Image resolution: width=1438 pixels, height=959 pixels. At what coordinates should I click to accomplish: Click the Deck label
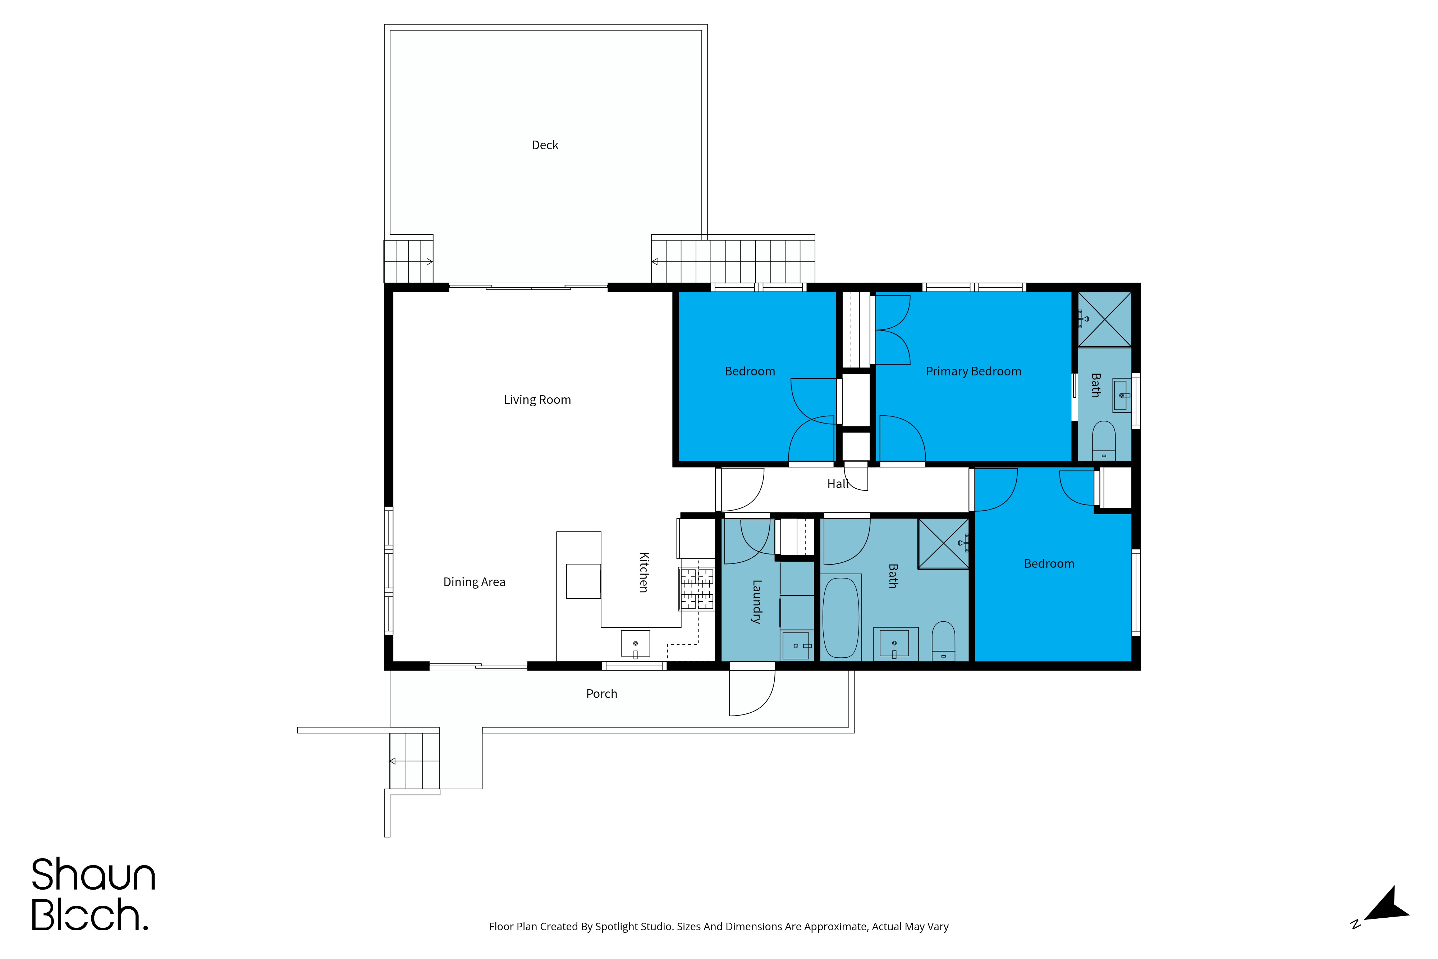click(x=545, y=145)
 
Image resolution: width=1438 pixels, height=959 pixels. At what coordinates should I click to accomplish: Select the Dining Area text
click(x=475, y=582)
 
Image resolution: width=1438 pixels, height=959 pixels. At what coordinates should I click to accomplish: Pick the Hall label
click(x=838, y=484)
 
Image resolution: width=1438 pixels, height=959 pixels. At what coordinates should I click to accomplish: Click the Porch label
click(x=601, y=694)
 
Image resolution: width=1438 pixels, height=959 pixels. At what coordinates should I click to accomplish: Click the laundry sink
click(x=796, y=645)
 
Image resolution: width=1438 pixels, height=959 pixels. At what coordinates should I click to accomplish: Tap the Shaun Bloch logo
click(x=93, y=894)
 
